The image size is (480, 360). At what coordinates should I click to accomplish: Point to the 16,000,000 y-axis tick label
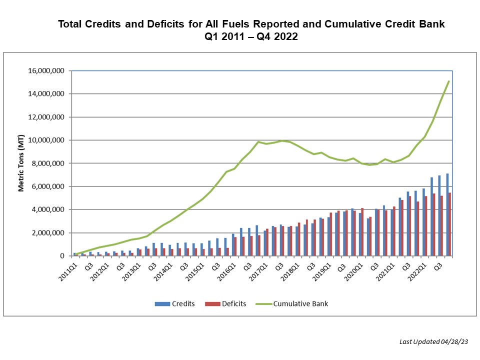click(45, 71)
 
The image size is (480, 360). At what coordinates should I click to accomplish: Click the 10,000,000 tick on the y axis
click(45, 140)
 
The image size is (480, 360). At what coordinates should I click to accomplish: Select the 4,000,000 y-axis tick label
click(47, 209)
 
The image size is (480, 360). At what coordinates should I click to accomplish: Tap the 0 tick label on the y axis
click(62, 256)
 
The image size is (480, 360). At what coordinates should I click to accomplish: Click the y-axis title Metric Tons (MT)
click(21, 163)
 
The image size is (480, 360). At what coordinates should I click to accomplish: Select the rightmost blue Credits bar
click(447, 215)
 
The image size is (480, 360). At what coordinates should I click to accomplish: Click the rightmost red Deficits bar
click(450, 224)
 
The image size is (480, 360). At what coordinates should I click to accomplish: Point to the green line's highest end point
click(449, 81)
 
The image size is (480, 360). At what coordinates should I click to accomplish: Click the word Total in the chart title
click(70, 24)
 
